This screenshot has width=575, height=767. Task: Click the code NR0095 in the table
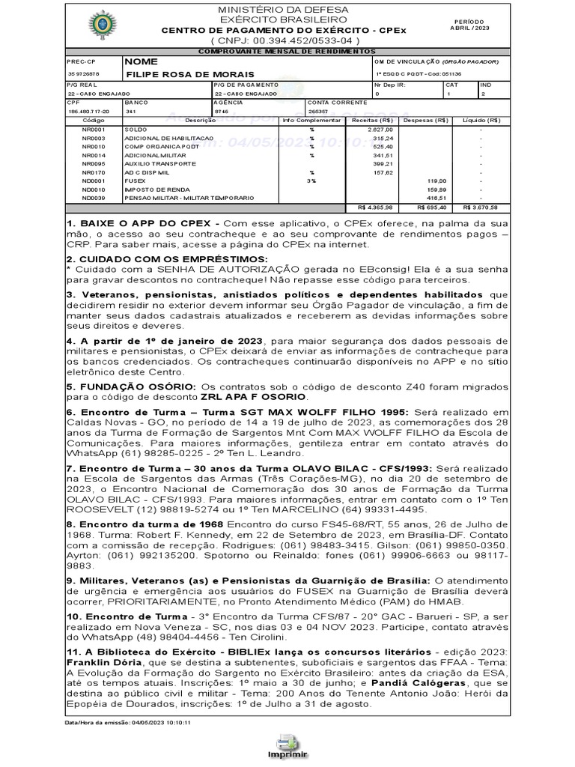click(94, 163)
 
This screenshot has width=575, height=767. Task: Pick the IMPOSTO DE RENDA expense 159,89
click(436, 190)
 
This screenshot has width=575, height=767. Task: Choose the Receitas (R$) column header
click(372, 120)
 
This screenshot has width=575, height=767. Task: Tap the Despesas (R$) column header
click(425, 120)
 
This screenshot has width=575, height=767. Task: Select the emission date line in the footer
click(128, 723)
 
